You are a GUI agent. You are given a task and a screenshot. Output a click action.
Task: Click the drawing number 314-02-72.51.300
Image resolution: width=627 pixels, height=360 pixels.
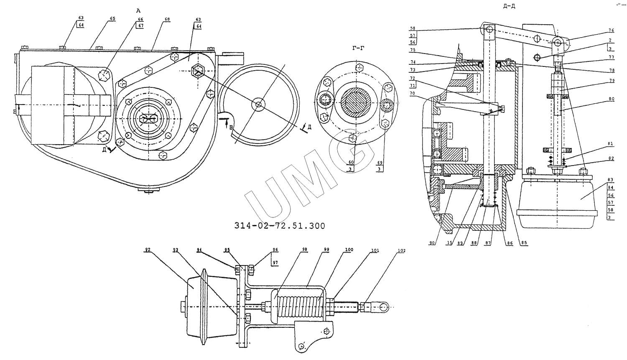279,226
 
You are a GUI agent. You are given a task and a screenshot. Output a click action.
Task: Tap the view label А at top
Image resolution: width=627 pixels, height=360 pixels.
138,11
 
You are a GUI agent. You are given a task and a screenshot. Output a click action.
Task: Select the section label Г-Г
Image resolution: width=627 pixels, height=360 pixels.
358,49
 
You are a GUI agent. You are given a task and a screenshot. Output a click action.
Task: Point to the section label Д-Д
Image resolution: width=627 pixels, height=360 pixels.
511,6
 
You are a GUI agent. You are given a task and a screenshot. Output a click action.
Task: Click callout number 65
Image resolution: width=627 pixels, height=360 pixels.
112,19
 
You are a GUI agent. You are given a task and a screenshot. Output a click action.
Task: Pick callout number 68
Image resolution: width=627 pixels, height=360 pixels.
167,19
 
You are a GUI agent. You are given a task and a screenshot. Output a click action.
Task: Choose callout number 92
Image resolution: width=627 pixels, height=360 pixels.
148,250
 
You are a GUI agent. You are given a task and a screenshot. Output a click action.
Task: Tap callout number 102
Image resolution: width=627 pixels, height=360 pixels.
401,251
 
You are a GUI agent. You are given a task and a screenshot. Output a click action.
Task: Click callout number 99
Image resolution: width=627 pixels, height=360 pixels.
326,250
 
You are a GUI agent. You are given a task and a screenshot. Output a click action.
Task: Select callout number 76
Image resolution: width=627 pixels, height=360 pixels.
611,30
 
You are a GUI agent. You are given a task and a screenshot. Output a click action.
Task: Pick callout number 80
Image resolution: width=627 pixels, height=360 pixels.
611,99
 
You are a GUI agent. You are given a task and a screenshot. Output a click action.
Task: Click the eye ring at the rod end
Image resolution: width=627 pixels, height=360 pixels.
382,308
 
